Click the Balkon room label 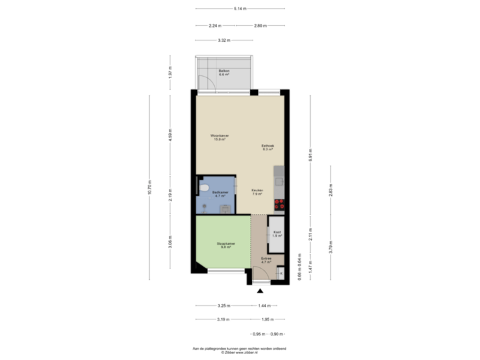click(224, 73)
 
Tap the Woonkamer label click(219, 137)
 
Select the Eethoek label click(268, 147)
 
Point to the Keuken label click(257, 192)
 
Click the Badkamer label click(221, 194)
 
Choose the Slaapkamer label click(226, 245)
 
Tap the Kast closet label click(276, 233)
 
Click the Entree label click(266, 260)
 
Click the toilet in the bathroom click(203, 189)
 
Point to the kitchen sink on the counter click(280, 179)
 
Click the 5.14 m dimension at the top click(240, 9)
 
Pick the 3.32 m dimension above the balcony click(224, 41)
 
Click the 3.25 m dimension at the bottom click(223, 305)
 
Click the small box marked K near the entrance click(281, 273)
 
